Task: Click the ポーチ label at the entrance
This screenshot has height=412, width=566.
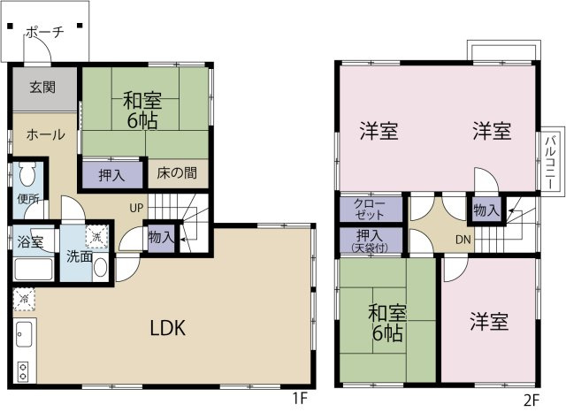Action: tap(45, 32)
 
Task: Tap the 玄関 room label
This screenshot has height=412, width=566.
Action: tap(42, 88)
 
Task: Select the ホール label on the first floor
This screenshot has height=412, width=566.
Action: tap(46, 134)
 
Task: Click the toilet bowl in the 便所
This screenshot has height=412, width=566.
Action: tap(27, 173)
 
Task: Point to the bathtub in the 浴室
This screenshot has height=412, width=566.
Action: tap(34, 269)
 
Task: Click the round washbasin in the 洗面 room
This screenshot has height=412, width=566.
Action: tap(100, 267)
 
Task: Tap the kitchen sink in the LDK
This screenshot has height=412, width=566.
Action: tap(24, 334)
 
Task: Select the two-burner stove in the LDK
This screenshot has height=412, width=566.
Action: tap(23, 371)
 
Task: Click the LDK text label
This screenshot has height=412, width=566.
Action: tap(168, 328)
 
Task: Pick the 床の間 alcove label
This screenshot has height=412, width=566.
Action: tap(177, 173)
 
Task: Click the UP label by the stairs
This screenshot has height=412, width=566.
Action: tap(136, 208)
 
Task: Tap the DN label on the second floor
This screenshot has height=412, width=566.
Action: tap(463, 240)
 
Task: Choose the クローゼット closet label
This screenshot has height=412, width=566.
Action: tap(370, 210)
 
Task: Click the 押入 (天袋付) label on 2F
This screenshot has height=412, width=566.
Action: tap(370, 241)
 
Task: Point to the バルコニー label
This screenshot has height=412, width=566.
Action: tap(550, 162)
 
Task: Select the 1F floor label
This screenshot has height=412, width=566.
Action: tap(300, 399)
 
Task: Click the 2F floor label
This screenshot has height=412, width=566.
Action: tap(531, 400)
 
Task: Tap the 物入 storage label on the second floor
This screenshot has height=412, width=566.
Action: tap(486, 210)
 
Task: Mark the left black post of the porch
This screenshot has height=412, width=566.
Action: tap(10, 26)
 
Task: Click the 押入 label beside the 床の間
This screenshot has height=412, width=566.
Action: tap(112, 175)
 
